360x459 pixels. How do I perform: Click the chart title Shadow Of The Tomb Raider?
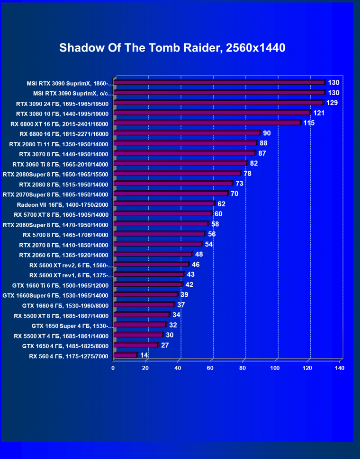tap(172, 48)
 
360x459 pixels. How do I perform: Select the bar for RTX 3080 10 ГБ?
tap(212, 113)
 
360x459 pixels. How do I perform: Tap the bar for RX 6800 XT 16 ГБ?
tap(207, 123)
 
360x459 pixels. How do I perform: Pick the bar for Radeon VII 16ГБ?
tap(164, 204)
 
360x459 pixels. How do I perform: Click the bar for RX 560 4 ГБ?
tap(126, 355)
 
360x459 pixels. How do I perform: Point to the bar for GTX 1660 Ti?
tap(148, 285)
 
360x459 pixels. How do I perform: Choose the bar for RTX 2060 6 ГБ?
tap(153, 255)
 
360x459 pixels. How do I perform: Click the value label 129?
tap(332, 103)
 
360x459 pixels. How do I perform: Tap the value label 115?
tap(309, 123)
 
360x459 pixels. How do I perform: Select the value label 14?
tap(144, 355)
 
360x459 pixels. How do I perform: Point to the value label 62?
tap(222, 204)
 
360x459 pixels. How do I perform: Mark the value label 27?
tap(165, 345)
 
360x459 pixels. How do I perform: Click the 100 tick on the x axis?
tap(276, 368)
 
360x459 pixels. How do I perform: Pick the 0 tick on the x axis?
tap(113, 368)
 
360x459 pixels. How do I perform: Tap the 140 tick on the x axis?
tap(339, 368)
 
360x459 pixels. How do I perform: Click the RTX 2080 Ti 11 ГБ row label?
tap(59, 143)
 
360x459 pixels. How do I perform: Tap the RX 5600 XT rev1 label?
tap(70, 275)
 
